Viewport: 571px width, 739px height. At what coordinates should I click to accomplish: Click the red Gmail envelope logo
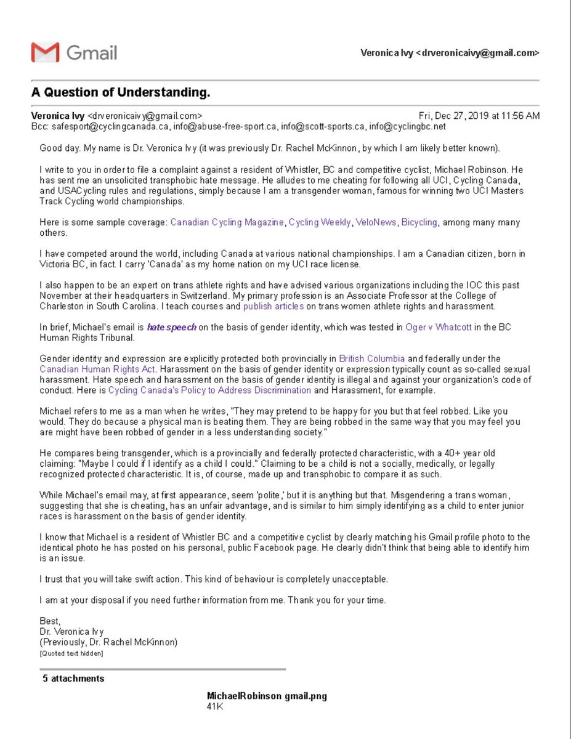pos(45,52)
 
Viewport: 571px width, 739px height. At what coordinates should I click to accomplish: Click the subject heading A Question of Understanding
pos(121,93)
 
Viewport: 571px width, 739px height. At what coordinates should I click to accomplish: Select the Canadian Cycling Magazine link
pos(227,222)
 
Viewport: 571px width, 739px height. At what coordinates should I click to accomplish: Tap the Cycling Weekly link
pos(319,222)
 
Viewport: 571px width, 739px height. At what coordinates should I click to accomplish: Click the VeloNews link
pos(376,222)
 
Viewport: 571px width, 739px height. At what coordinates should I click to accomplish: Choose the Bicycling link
pos(419,222)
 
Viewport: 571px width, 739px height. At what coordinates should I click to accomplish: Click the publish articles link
pos(273,306)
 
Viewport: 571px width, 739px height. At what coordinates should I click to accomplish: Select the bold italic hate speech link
pos(171,328)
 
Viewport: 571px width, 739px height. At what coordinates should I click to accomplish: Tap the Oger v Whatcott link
pos(439,328)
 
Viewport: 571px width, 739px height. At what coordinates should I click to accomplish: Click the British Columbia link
pos(372,359)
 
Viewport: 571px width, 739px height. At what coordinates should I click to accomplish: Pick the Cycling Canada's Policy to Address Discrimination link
pos(209,390)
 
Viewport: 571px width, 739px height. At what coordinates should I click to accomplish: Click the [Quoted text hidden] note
pos(71,653)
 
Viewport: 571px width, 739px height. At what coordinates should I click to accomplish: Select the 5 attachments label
pos(73,679)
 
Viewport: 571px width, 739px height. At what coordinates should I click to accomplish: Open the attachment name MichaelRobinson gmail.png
pos(267,697)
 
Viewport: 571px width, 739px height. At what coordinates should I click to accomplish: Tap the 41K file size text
pos(215,707)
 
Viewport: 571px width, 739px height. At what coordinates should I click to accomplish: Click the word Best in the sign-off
pos(50,621)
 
